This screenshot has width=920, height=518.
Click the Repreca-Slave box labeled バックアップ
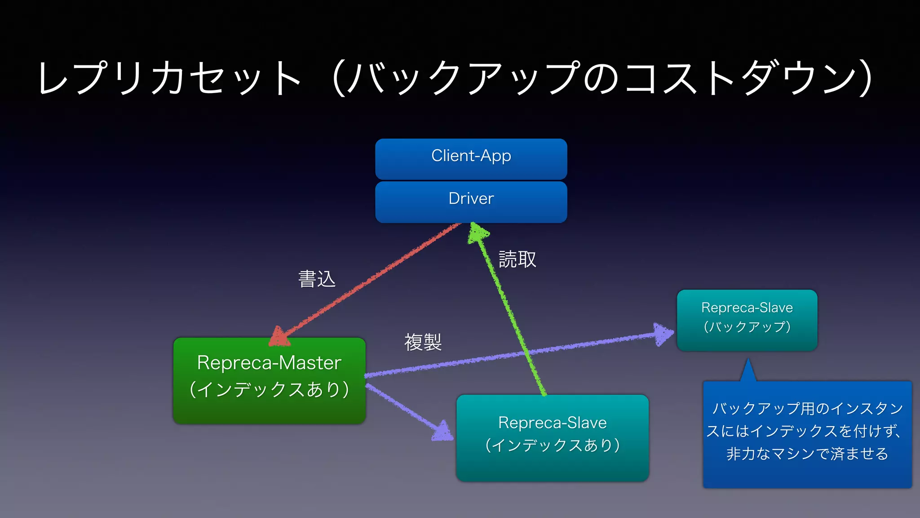coord(747,320)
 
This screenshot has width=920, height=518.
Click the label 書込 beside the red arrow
coord(317,279)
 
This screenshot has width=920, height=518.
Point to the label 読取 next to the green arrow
coord(517,259)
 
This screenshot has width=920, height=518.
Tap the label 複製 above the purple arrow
coord(423,342)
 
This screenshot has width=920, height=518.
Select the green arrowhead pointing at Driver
coord(477,233)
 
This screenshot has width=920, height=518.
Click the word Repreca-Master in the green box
coord(269,362)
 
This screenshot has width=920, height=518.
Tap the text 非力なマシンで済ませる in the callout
coord(807,453)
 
